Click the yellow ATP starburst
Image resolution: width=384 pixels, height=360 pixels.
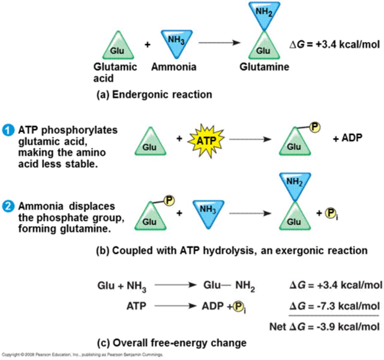click(206, 140)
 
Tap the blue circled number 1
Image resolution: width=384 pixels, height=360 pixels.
click(8, 130)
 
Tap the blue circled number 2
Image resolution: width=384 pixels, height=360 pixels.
click(8, 206)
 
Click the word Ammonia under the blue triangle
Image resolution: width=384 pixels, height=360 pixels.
click(174, 67)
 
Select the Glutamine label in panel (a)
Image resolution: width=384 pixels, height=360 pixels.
click(264, 67)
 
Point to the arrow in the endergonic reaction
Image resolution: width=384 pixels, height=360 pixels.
click(219, 43)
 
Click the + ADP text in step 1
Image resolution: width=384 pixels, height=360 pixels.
click(348, 138)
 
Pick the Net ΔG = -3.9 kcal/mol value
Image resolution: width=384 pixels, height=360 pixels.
click(325, 326)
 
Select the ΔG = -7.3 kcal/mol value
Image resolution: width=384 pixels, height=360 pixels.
click(334, 306)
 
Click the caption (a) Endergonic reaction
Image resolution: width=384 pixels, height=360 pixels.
click(154, 94)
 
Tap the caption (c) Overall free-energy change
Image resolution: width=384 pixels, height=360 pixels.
click(172, 343)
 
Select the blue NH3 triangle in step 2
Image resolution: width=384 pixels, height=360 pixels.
click(208, 211)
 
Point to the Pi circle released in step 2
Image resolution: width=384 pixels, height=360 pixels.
click(330, 213)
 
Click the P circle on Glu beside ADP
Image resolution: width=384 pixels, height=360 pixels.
click(314, 127)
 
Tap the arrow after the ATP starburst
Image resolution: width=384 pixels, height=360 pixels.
click(250, 139)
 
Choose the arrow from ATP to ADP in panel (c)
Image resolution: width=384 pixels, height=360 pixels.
click(175, 306)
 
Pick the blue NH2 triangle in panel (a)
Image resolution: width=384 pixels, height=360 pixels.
click(264, 13)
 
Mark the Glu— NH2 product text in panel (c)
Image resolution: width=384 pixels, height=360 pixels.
click(229, 285)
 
